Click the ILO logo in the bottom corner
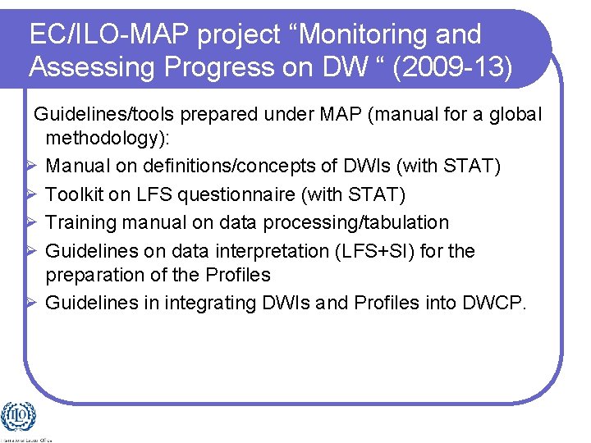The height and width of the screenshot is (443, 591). (19, 417)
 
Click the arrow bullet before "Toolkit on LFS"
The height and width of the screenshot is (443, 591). (30, 194)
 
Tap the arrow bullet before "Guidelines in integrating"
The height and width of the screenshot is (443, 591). (30, 303)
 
